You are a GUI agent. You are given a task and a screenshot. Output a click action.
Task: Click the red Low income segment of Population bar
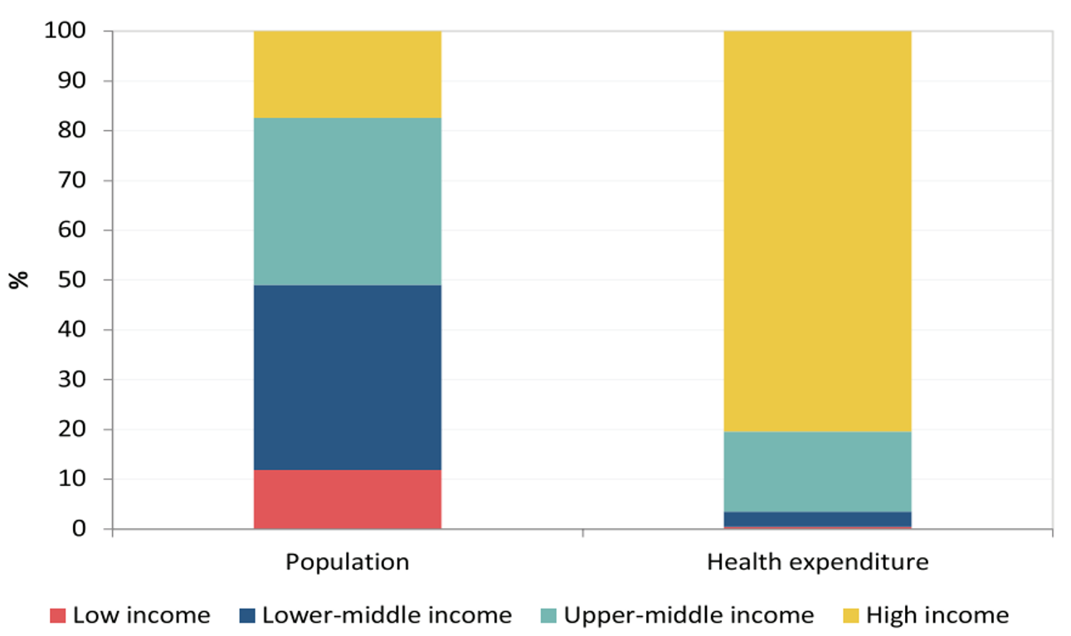(347, 499)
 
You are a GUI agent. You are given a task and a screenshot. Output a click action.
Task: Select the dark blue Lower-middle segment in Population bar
(347, 377)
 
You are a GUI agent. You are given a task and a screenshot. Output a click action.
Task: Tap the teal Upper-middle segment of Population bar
(347, 201)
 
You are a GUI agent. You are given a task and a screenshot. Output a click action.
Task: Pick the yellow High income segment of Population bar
(347, 74)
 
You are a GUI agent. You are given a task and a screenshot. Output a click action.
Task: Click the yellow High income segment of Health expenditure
(817, 231)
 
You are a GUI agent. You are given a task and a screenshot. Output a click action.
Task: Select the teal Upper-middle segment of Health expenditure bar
(817, 471)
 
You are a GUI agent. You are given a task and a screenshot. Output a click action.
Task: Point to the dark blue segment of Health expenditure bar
(817, 519)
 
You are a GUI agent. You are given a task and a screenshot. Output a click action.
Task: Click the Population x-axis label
(347, 562)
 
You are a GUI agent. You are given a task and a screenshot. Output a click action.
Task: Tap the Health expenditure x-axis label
(817, 562)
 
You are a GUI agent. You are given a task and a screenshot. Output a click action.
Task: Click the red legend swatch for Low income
(57, 616)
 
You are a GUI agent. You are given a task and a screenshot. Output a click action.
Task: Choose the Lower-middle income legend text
(387, 615)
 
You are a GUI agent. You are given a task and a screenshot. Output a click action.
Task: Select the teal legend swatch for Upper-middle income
(548, 616)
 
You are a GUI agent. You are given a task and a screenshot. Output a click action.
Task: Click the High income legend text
(937, 615)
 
